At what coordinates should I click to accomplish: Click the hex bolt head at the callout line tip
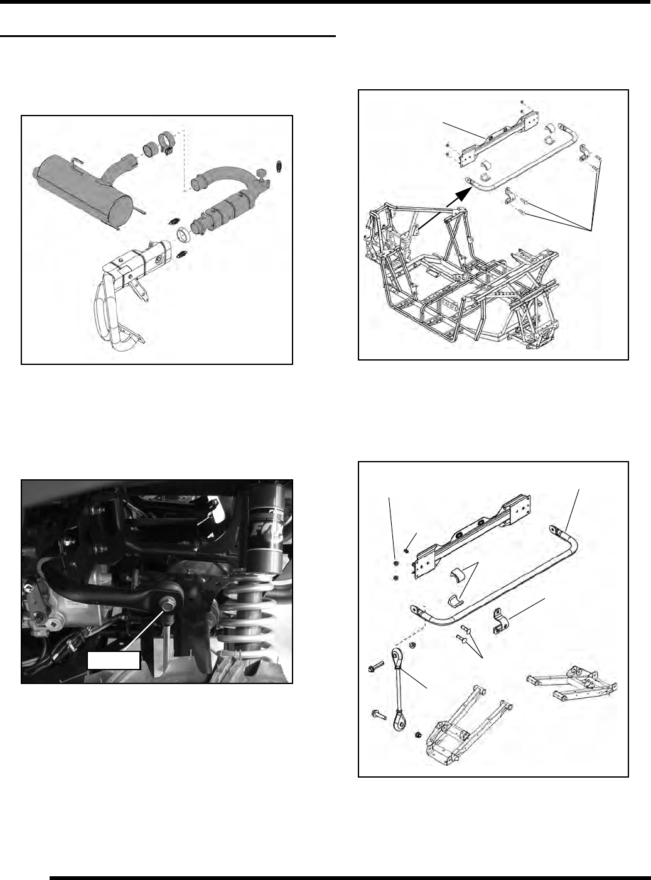point(169,604)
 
